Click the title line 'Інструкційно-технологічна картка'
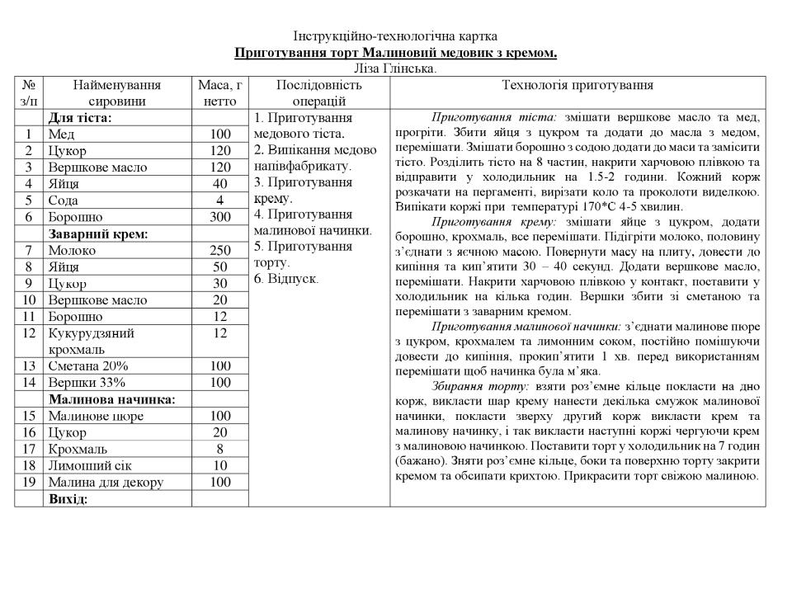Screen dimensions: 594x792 395,37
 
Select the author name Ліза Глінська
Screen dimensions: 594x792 395,68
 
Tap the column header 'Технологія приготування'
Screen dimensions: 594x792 577,85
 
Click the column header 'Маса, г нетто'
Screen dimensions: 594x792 219,92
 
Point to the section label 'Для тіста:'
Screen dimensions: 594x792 80,118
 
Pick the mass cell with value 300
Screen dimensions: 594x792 219,217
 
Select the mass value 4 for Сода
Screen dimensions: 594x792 219,200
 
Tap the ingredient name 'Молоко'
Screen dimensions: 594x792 72,250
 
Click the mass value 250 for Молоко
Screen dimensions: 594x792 219,250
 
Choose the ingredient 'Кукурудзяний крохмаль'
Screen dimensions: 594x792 91,341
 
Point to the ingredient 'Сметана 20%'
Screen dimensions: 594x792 82,365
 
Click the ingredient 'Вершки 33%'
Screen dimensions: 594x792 87,382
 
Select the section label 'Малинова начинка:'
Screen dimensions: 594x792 111,399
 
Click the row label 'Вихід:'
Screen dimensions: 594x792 68,499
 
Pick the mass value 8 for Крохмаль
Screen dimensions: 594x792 219,449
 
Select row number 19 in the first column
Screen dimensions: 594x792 29,482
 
